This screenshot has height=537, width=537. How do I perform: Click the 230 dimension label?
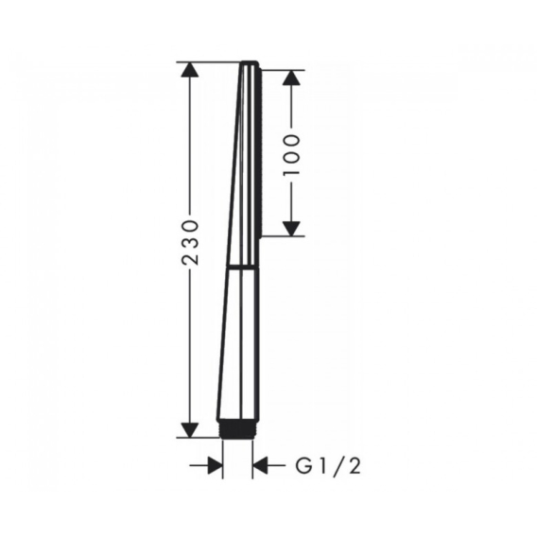(x=190, y=242)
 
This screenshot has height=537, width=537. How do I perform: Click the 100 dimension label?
(x=291, y=155)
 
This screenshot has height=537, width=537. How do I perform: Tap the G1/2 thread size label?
(x=328, y=466)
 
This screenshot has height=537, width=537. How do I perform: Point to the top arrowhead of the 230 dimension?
(x=190, y=70)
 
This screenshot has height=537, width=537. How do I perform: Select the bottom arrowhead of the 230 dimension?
(x=190, y=430)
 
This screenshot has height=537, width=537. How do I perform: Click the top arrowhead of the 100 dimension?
(x=291, y=78)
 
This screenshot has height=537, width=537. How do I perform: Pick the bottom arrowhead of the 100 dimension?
(x=291, y=229)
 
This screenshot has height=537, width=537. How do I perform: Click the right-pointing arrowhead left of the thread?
(x=215, y=465)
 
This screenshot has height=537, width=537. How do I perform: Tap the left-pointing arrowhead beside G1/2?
(x=260, y=465)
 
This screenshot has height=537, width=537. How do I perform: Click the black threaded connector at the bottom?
(x=237, y=428)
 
